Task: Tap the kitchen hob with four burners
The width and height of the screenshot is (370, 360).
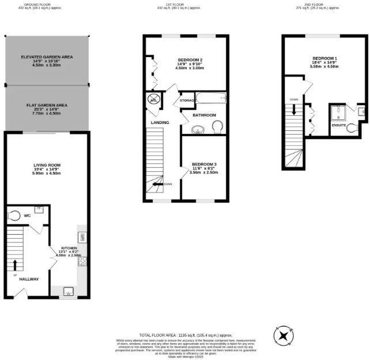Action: pos(82,261)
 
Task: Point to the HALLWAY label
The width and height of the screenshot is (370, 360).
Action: pos(29,279)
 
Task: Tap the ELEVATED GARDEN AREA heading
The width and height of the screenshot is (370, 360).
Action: pos(46,57)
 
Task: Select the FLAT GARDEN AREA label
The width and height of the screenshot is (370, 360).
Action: pos(47,106)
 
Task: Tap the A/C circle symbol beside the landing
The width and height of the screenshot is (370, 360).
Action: pos(154,99)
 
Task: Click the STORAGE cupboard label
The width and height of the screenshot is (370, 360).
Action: pos(187,101)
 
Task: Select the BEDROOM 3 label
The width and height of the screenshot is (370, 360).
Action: pos(205,164)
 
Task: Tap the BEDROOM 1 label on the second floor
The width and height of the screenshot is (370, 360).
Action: pos(324,59)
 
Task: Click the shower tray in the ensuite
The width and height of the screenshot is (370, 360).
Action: pos(337,111)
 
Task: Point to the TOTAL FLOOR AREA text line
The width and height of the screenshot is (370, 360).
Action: pos(185,335)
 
